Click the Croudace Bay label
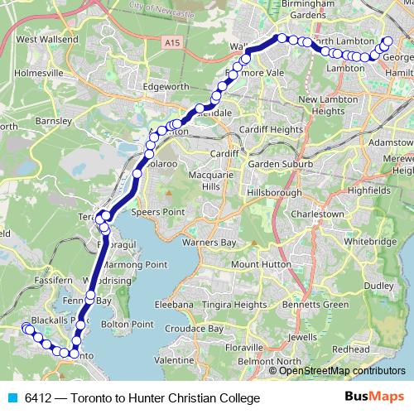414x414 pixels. coord(195,329)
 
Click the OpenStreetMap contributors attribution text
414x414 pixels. coord(341,370)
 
